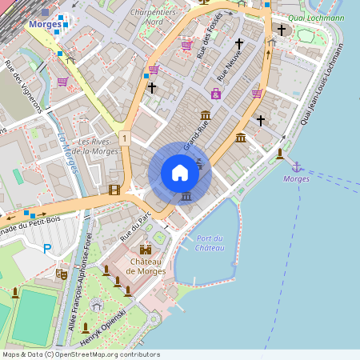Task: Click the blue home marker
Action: click(180, 173)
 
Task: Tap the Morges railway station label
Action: click(44, 25)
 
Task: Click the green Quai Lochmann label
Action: click(317, 16)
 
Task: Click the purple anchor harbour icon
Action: click(297, 166)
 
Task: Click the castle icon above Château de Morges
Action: click(146, 250)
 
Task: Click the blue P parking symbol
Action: click(47, 250)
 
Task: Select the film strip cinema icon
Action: click(114, 190)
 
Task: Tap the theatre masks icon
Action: click(61, 274)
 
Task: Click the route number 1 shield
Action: click(125, 138)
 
